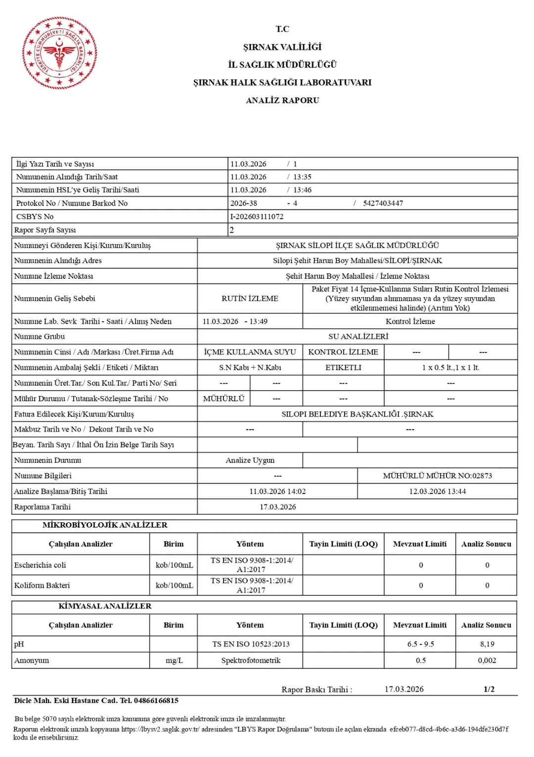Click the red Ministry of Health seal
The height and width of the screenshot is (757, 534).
tap(59, 53)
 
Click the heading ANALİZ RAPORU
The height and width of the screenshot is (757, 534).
tap(282, 101)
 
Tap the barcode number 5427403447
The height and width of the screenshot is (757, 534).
tap(383, 203)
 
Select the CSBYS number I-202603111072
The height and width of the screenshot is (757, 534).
tap(257, 217)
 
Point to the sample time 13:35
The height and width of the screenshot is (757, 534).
tap(302, 177)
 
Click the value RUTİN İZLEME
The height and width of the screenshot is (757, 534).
tap(250, 299)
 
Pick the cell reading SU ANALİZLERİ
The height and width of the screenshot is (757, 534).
tap(358, 337)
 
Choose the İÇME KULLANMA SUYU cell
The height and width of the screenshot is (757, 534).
tap(250, 352)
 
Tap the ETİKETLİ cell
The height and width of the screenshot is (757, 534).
tap(343, 367)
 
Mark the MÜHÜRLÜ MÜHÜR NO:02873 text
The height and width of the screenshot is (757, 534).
tap(437, 476)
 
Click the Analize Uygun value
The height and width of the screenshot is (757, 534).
tap(250, 460)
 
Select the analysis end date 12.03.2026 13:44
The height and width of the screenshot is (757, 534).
tap(437, 492)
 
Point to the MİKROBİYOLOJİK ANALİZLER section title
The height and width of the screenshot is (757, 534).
tap(105, 525)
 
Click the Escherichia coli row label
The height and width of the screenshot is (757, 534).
tap(40, 565)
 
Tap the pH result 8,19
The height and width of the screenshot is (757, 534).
tap(487, 644)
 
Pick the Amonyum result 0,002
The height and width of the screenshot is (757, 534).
tap(487, 660)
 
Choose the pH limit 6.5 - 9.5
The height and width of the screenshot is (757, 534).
tap(420, 644)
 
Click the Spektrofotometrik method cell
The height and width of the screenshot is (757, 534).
tap(251, 660)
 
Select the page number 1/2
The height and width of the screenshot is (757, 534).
tap(489, 689)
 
